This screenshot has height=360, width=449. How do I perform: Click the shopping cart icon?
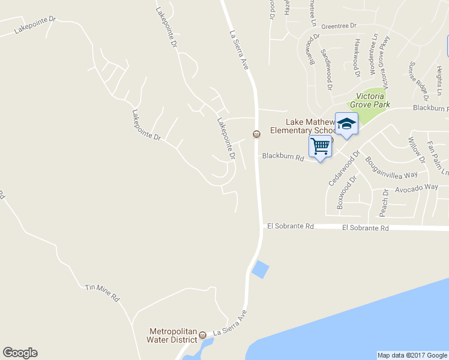(x=321, y=146)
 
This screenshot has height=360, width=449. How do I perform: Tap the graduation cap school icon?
(x=346, y=124)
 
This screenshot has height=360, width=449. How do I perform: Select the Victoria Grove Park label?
(x=373, y=100)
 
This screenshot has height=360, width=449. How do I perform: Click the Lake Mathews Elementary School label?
(x=303, y=126)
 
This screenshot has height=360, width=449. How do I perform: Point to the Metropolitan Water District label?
(x=173, y=335)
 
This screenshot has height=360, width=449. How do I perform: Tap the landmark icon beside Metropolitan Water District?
(x=202, y=334)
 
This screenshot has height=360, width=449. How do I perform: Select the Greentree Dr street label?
(x=339, y=26)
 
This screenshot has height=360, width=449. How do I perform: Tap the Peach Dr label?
(x=384, y=204)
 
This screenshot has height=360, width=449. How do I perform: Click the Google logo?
(x=20, y=353)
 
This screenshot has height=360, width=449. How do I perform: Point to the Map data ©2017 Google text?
(x=412, y=355)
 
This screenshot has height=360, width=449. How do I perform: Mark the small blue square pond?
(x=261, y=270)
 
